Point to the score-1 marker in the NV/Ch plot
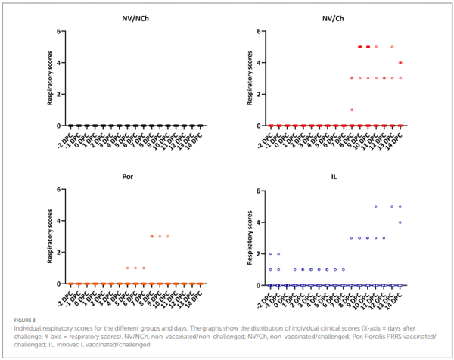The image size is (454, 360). [x=352, y=110]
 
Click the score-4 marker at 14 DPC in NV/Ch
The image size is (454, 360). [x=400, y=63]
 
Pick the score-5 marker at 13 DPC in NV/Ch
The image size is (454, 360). [x=392, y=47]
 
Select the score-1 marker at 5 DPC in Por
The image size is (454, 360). [x=128, y=268]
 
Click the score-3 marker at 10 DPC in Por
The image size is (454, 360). [x=168, y=236]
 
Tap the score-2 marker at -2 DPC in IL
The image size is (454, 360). [x=271, y=254]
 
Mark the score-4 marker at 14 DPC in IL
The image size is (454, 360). [x=400, y=222]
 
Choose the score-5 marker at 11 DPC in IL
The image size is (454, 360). [x=375, y=206]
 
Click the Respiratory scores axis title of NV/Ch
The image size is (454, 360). [x=241, y=79]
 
